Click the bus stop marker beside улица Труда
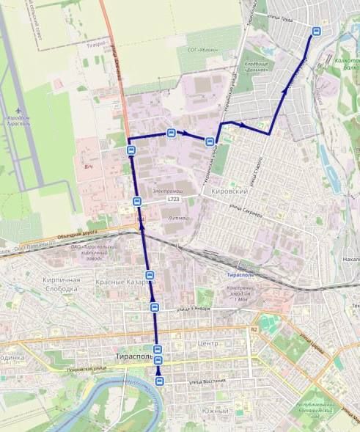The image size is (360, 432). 317,32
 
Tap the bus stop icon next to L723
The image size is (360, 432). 137,201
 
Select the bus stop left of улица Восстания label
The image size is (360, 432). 160,381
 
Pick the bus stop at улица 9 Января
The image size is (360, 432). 154,307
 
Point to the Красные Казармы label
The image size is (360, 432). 125,282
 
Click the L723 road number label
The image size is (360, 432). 173,199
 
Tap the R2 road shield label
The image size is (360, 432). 254,330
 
